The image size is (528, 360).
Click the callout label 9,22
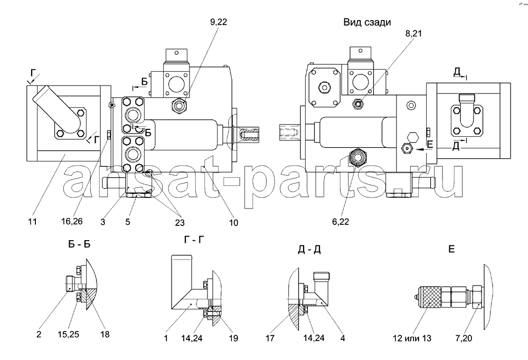[219, 22]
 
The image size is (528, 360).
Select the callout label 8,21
[413, 33]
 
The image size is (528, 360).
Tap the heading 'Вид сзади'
[367, 23]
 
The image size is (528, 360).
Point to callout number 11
[32, 221]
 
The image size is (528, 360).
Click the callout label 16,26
[72, 221]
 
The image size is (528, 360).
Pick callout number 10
[233, 223]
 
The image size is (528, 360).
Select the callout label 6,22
[340, 221]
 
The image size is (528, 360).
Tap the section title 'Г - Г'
[194, 240]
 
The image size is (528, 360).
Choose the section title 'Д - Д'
[309, 250]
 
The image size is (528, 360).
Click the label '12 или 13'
[412, 338]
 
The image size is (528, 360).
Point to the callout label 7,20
[464, 338]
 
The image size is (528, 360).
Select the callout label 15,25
[69, 335]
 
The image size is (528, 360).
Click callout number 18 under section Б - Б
[105, 335]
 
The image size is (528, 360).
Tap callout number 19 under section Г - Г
[233, 338]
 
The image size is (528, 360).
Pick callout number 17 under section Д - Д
[270, 338]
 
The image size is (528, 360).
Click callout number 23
[180, 223]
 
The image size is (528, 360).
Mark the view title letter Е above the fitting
[451, 249]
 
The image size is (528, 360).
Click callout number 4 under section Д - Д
[343, 338]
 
